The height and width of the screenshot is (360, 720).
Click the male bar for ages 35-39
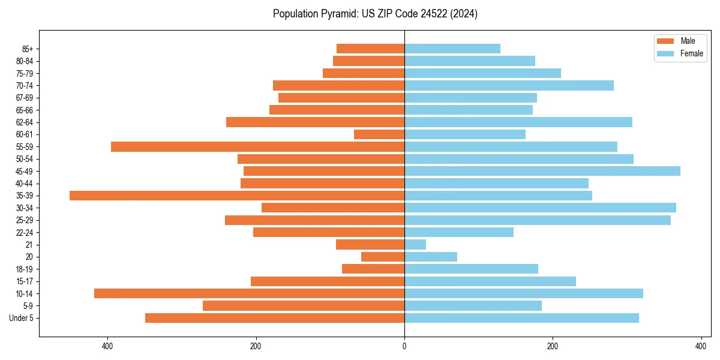(237, 196)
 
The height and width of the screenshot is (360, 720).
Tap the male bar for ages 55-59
(258, 146)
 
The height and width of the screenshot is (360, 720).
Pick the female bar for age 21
(415, 244)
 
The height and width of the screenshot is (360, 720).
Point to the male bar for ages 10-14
(250, 293)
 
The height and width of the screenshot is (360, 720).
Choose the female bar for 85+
(452, 49)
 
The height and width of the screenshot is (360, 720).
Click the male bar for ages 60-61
(379, 134)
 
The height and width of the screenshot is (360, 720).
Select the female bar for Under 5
(522, 318)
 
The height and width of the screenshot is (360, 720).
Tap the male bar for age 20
(383, 257)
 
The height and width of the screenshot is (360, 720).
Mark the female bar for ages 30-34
(540, 208)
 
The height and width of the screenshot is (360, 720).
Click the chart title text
(375, 14)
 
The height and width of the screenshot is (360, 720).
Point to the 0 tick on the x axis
(404, 346)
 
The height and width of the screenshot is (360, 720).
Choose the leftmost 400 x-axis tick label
(108, 346)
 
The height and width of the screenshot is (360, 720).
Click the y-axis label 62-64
(25, 122)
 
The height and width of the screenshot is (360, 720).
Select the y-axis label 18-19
(25, 269)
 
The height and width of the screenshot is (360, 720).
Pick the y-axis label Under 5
(22, 318)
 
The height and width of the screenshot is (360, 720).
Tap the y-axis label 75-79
(25, 73)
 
